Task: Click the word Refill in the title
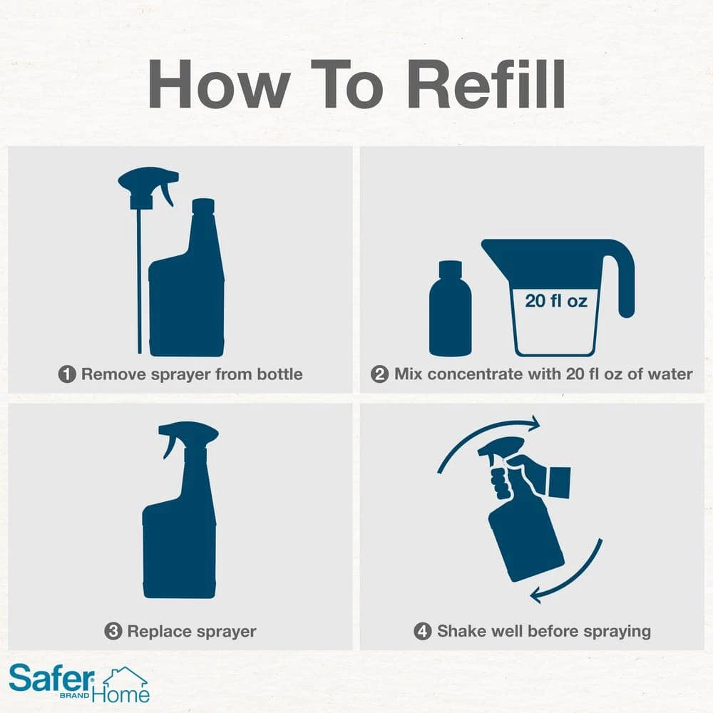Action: pos(486,84)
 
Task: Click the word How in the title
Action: pos(219,84)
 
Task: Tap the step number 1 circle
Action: pos(67,374)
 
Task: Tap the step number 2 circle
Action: pos(380,374)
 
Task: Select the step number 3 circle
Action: pos(113,631)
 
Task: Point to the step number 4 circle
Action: pos(422,631)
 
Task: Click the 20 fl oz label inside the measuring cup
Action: pos(555,301)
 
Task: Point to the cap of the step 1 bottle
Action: pos(203,206)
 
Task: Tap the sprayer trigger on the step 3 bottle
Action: pos(169,448)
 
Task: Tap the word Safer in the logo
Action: pos(51,677)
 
